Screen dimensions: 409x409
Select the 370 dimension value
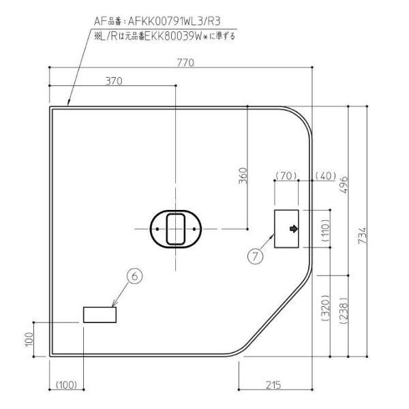tap(114, 80)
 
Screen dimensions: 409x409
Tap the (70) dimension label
tap(286, 177)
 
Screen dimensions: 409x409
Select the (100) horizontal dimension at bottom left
tap(67, 385)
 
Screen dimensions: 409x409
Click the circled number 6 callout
tap(135, 276)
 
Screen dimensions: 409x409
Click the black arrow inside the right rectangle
tap(293, 228)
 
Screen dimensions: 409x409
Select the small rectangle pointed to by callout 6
tap(100, 314)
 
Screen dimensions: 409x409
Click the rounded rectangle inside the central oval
tap(176, 228)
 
